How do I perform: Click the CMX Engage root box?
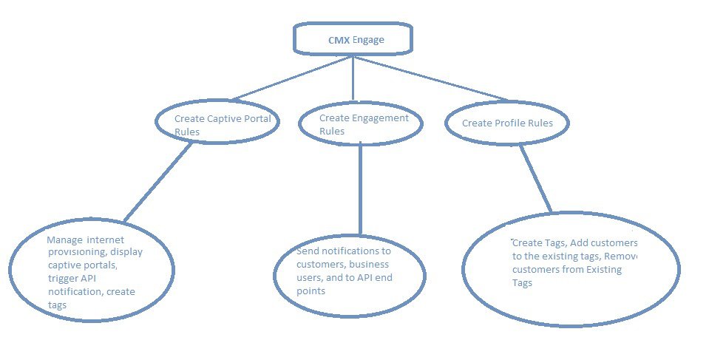point(352,40)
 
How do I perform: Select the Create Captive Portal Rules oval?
point(217,123)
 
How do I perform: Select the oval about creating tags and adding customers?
point(570,269)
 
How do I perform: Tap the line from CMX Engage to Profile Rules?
point(429,79)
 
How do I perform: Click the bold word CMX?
point(339,40)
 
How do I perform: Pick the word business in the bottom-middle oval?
point(369,265)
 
